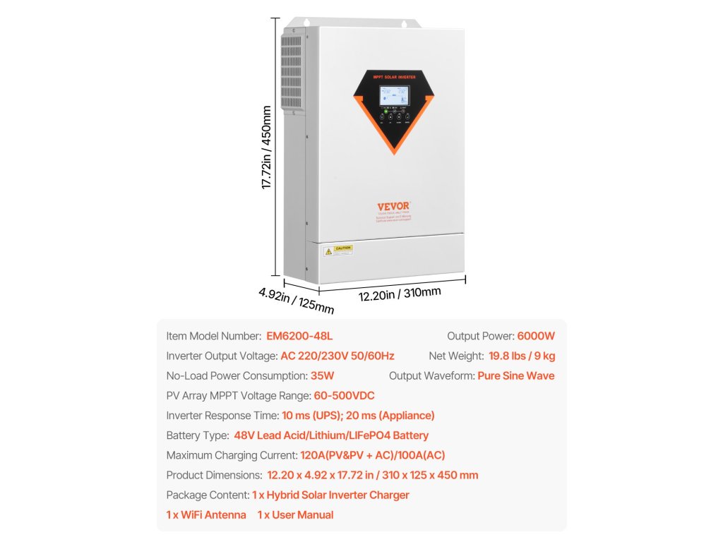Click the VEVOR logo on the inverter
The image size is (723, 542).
click(393, 206)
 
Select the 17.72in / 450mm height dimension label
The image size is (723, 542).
click(267, 147)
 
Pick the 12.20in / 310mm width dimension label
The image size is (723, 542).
click(400, 294)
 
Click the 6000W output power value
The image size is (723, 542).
click(536, 336)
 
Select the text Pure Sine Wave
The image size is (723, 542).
click(515, 375)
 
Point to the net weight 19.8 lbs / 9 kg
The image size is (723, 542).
click(521, 356)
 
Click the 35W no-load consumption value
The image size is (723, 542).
click(322, 375)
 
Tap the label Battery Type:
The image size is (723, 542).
click(198, 435)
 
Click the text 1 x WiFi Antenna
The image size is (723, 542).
click(206, 514)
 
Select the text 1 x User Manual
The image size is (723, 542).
click(295, 514)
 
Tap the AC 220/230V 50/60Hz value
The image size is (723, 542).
click(337, 356)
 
